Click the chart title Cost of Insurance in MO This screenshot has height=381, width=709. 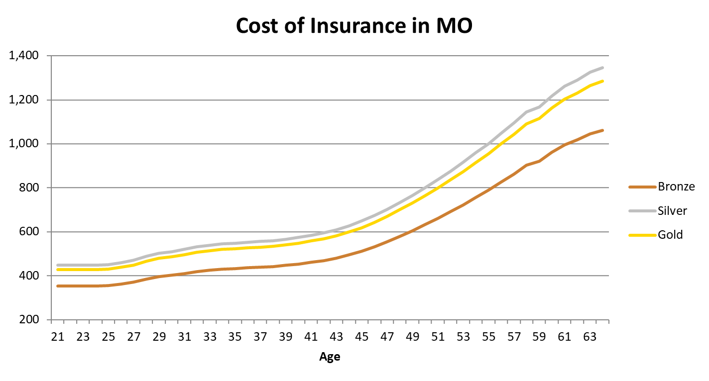click(354, 25)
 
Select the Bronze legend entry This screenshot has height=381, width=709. click(662, 187)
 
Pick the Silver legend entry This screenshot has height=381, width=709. click(658, 210)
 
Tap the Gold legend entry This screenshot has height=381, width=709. click(656, 235)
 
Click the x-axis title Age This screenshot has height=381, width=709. click(330, 357)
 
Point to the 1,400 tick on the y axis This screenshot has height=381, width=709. click(24, 56)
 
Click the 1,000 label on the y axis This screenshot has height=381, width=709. click(24, 144)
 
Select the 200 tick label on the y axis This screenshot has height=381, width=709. click(29, 319)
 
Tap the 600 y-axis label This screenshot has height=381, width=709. click(29, 231)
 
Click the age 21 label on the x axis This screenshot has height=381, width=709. click(58, 337)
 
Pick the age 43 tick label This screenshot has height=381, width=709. click(336, 337)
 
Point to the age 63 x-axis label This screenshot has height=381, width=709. click(590, 337)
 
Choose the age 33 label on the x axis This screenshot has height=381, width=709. click(210, 337)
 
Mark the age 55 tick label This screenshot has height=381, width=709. click(488, 337)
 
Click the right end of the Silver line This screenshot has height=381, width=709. click(602, 68)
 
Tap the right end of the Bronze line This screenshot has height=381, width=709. click(602, 130)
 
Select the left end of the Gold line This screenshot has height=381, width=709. click(58, 270)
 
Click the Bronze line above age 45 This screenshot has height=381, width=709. click(362, 251)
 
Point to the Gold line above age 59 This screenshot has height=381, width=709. click(539, 118)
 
